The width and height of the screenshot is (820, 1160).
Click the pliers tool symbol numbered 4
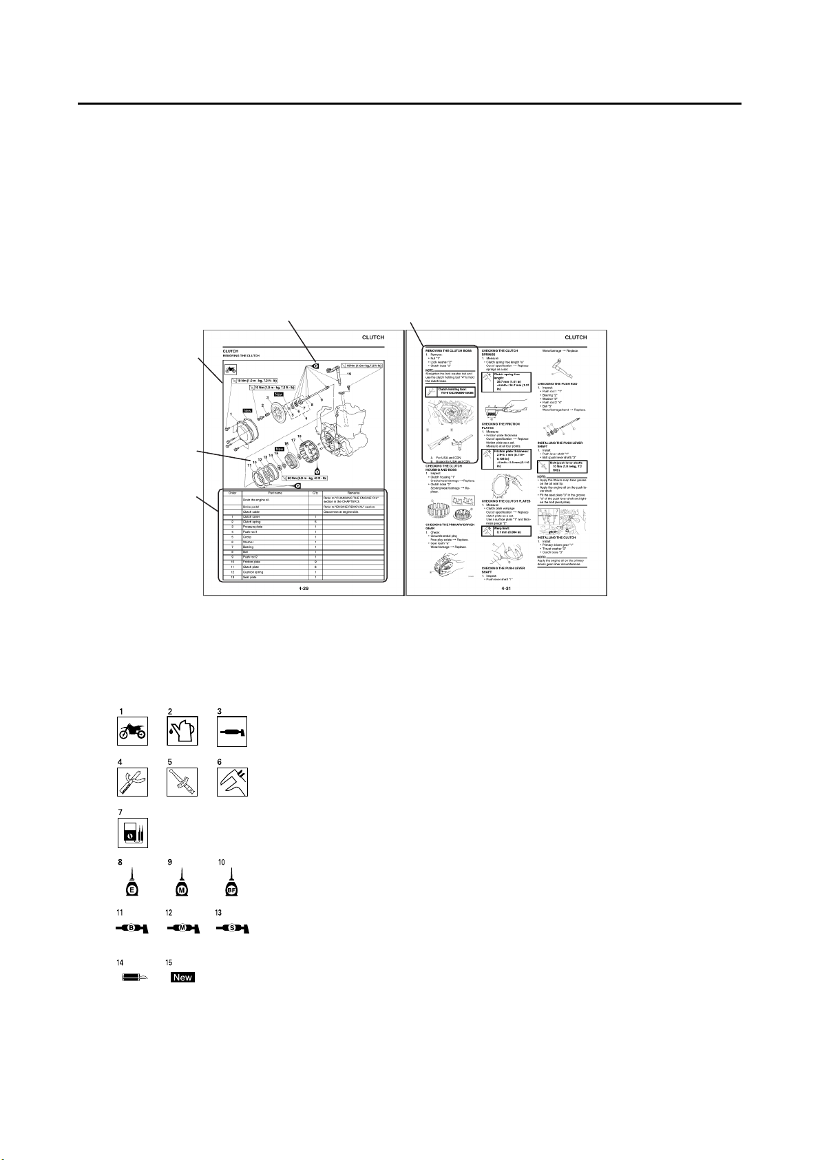(131, 782)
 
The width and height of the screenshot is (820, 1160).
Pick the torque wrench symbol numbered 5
(182, 782)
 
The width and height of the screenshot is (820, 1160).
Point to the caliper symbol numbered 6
(232, 782)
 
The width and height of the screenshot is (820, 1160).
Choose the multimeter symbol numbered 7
(131, 832)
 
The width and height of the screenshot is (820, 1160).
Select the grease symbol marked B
(131, 929)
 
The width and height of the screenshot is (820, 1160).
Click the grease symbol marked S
(232, 929)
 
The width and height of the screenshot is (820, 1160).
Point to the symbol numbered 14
(131, 977)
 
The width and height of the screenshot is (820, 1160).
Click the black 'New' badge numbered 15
(182, 977)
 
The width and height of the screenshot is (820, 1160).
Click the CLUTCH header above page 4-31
(576, 337)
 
